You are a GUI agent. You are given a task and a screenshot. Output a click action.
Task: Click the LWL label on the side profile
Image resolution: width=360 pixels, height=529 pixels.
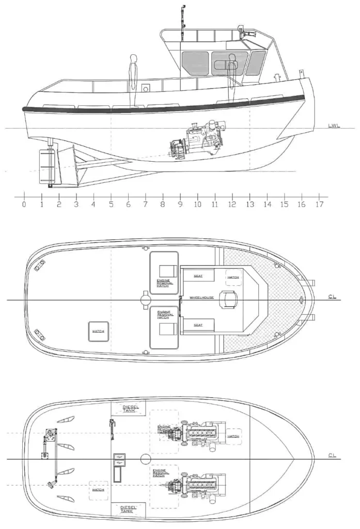tap(334, 126)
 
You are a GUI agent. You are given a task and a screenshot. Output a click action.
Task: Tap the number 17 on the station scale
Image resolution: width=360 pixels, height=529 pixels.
tap(319, 204)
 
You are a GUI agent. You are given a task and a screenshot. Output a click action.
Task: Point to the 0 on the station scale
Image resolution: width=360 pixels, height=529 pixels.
tap(24, 204)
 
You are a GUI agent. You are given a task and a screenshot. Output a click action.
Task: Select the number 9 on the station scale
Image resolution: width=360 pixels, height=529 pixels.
tap(180, 204)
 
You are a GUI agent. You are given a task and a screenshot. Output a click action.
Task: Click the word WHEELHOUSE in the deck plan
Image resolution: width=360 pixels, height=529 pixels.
tap(201, 298)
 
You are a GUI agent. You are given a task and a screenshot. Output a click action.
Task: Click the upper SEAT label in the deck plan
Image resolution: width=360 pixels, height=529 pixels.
tap(198, 276)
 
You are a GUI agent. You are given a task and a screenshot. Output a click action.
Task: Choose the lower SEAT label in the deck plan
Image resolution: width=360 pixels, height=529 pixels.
tap(198, 325)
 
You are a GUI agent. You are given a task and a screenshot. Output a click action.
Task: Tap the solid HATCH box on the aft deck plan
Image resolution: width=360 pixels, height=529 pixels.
tap(99, 332)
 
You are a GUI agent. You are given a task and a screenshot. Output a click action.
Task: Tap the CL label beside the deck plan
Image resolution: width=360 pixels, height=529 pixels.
tap(333, 297)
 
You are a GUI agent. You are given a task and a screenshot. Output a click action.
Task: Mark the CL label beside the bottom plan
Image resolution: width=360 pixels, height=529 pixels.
tap(333, 456)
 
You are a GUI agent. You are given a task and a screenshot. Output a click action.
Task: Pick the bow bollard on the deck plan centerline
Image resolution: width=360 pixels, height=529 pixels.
tap(302, 300)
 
